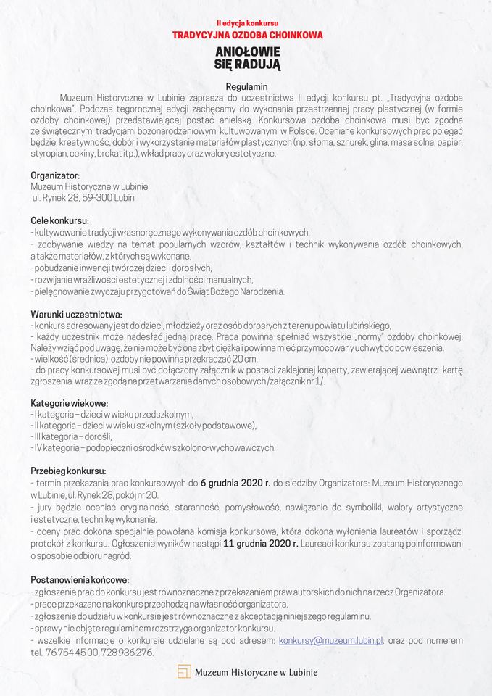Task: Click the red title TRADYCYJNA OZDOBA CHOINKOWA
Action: point(247,35)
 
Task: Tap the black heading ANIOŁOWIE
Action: point(247,52)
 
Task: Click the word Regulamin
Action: point(247,86)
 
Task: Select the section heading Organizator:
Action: point(55,175)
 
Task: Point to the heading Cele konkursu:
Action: point(59,220)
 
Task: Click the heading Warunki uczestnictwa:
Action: point(76,314)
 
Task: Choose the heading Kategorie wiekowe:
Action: point(69,403)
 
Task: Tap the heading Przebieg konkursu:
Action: point(68,471)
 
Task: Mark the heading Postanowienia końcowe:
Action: point(80,580)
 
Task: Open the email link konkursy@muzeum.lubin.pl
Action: point(331,641)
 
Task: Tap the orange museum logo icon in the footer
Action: point(184,672)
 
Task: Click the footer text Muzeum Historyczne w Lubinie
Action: point(256,672)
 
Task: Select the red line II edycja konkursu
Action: point(247,23)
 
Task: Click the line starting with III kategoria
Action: point(71,436)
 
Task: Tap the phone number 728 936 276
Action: point(128,652)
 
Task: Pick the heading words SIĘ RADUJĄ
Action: point(247,65)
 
